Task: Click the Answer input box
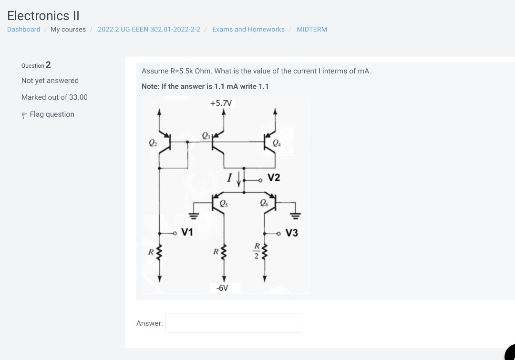click(234, 323)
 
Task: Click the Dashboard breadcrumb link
click(24, 30)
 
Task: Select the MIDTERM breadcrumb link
click(312, 30)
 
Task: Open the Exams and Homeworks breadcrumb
click(248, 30)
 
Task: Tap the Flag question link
click(51, 114)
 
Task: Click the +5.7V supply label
click(221, 103)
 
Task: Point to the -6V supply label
click(222, 288)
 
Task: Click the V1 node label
click(187, 232)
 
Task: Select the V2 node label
click(274, 178)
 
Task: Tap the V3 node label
click(291, 233)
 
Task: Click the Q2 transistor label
click(153, 142)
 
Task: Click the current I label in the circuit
click(229, 178)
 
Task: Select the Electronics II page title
click(43, 16)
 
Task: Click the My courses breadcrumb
click(68, 30)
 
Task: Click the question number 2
click(48, 65)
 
